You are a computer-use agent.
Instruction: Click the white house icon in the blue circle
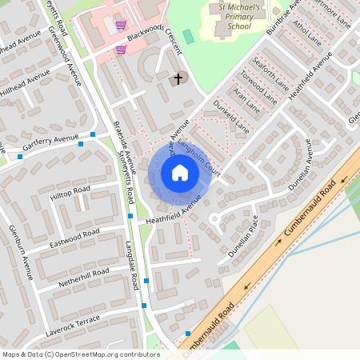179,172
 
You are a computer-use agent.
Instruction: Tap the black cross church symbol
178,78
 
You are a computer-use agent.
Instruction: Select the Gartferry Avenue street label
51,142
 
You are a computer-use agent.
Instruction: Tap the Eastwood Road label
74,234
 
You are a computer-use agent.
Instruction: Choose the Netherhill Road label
84,277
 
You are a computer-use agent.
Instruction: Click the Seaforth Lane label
270,71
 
